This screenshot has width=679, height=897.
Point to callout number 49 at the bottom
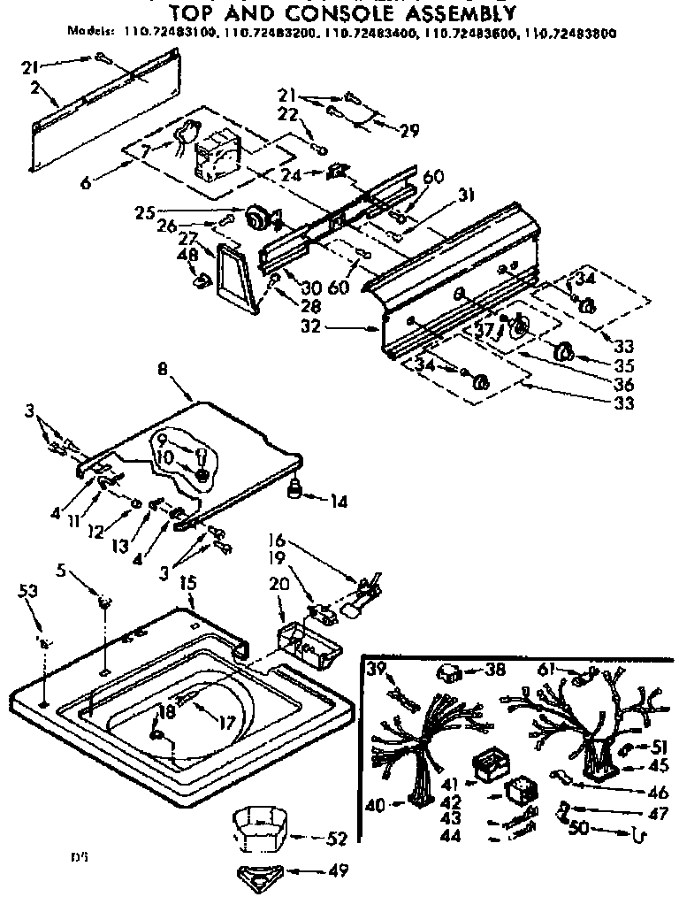click(335, 870)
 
